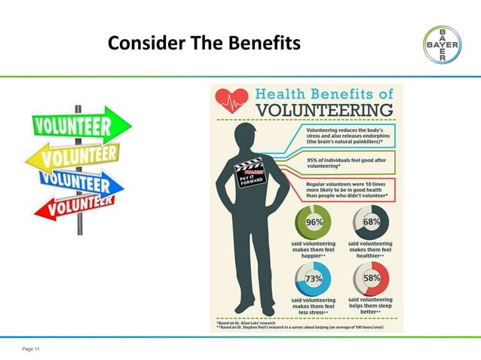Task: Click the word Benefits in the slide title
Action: (260, 44)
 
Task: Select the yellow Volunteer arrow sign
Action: (74, 156)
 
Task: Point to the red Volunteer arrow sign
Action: (73, 206)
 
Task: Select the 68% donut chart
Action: (371, 223)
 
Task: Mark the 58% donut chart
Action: (371, 279)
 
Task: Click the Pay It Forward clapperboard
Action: (250, 175)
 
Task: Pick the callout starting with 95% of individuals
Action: (344, 163)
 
